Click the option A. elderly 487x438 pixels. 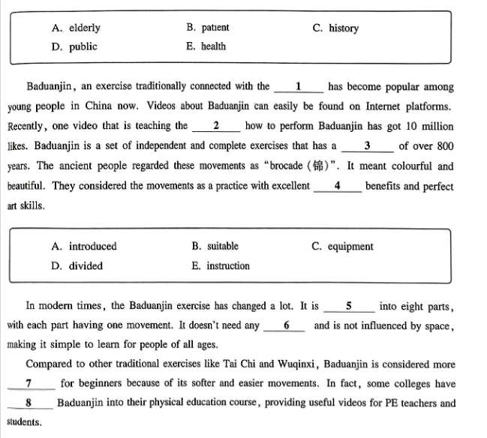tap(76, 28)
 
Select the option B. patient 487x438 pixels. tap(208, 28)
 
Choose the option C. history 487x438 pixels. tap(335, 28)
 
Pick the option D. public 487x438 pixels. tap(74, 46)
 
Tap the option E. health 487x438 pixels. tap(206, 46)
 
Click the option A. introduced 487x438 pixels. tap(84, 246)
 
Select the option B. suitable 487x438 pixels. tap(215, 246)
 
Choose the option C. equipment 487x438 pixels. tap(342, 246)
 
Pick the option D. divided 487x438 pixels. tap(77, 265)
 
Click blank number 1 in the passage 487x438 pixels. tap(299, 87)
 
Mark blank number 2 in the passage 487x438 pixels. tap(216, 126)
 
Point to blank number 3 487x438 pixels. tap(366, 145)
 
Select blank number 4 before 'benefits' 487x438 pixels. tap(337, 185)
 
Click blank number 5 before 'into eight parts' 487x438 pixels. tap(349, 306)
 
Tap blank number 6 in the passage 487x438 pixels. tap(286, 325)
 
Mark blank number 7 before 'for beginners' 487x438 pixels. tap(28, 383)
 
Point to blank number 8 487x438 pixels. tap(28, 403)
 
